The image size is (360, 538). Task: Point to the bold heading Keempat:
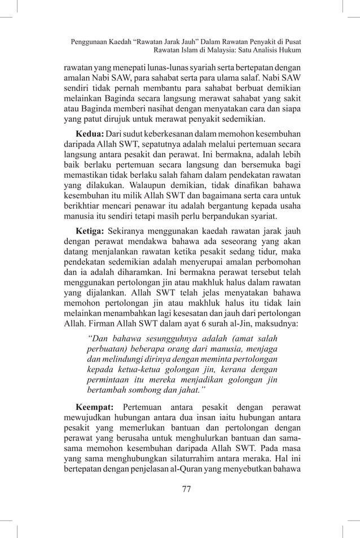click(x=95, y=406)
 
